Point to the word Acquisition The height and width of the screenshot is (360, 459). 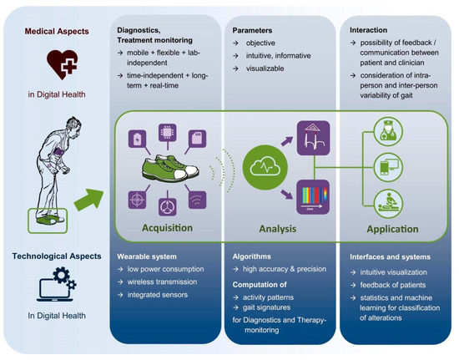point(169,227)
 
